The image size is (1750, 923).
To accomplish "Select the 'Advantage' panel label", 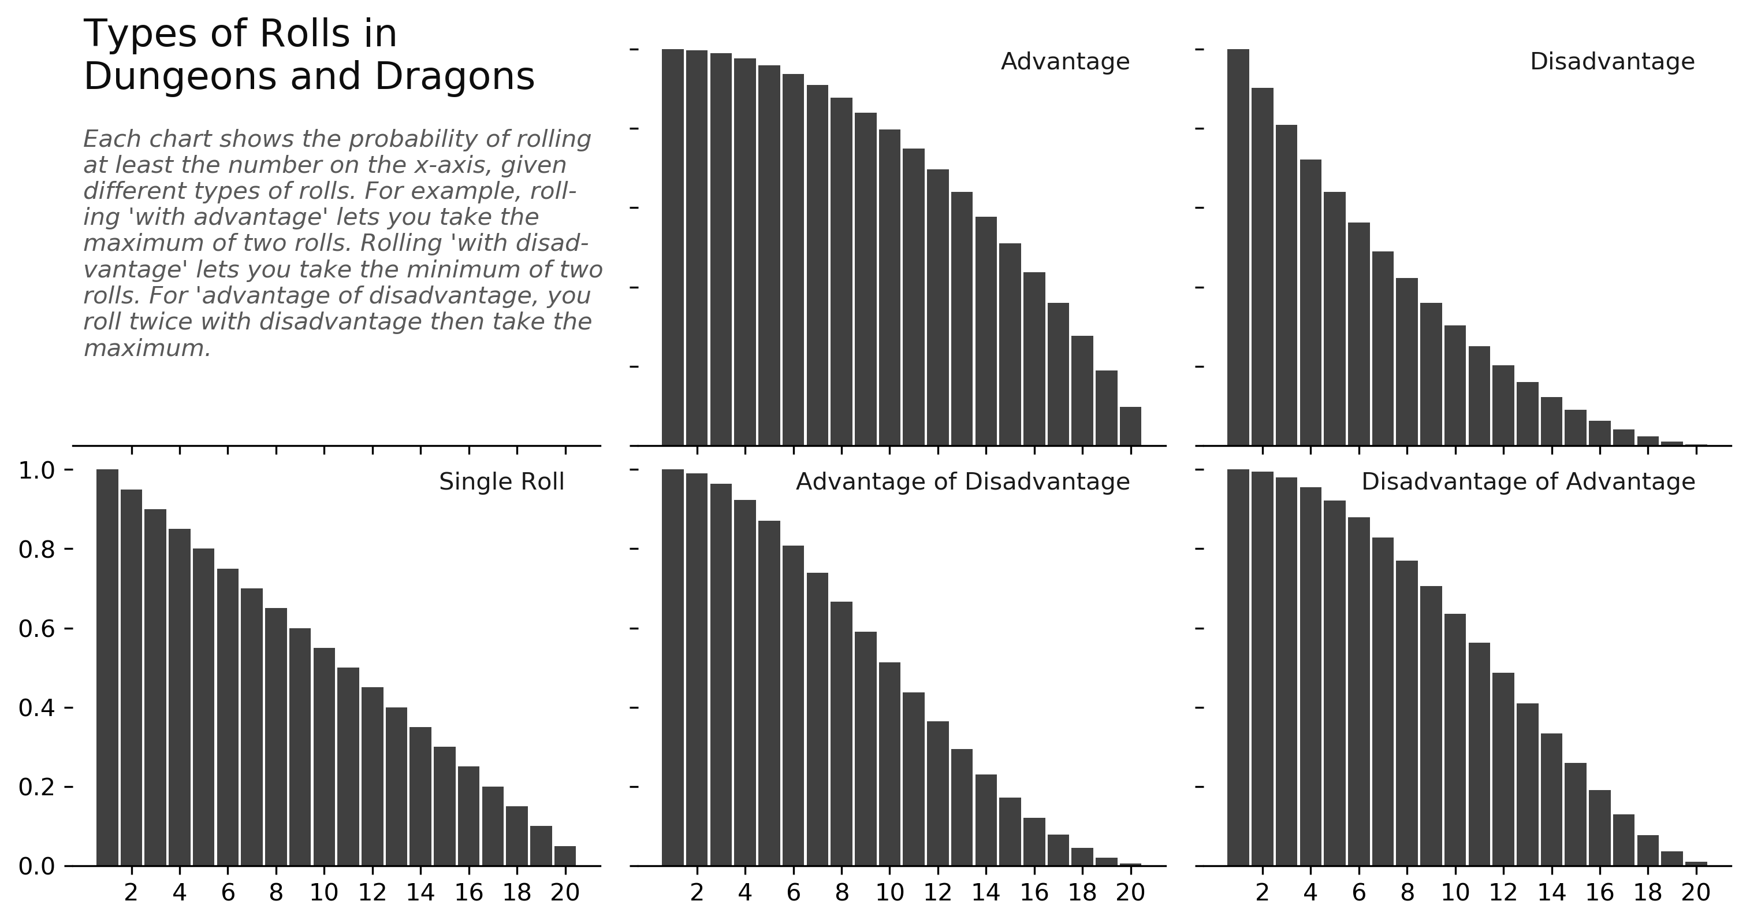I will (x=1064, y=62).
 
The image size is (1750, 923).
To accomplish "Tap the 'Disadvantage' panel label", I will (x=1611, y=62).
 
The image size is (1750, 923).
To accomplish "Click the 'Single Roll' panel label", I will (x=501, y=482).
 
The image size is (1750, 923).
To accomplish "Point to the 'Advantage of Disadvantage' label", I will (x=962, y=482).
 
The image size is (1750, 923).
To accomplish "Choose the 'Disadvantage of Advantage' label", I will (x=1528, y=482).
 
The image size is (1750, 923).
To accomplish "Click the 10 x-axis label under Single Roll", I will (x=324, y=892).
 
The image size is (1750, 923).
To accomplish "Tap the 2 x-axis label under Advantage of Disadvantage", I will (x=697, y=892).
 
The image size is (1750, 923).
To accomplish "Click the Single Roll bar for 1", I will (x=107, y=666).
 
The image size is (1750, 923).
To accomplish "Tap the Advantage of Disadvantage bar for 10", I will (x=889, y=764).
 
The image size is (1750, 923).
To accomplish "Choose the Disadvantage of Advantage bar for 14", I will (x=1551, y=799).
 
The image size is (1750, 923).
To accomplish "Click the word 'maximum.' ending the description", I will (x=147, y=349).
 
